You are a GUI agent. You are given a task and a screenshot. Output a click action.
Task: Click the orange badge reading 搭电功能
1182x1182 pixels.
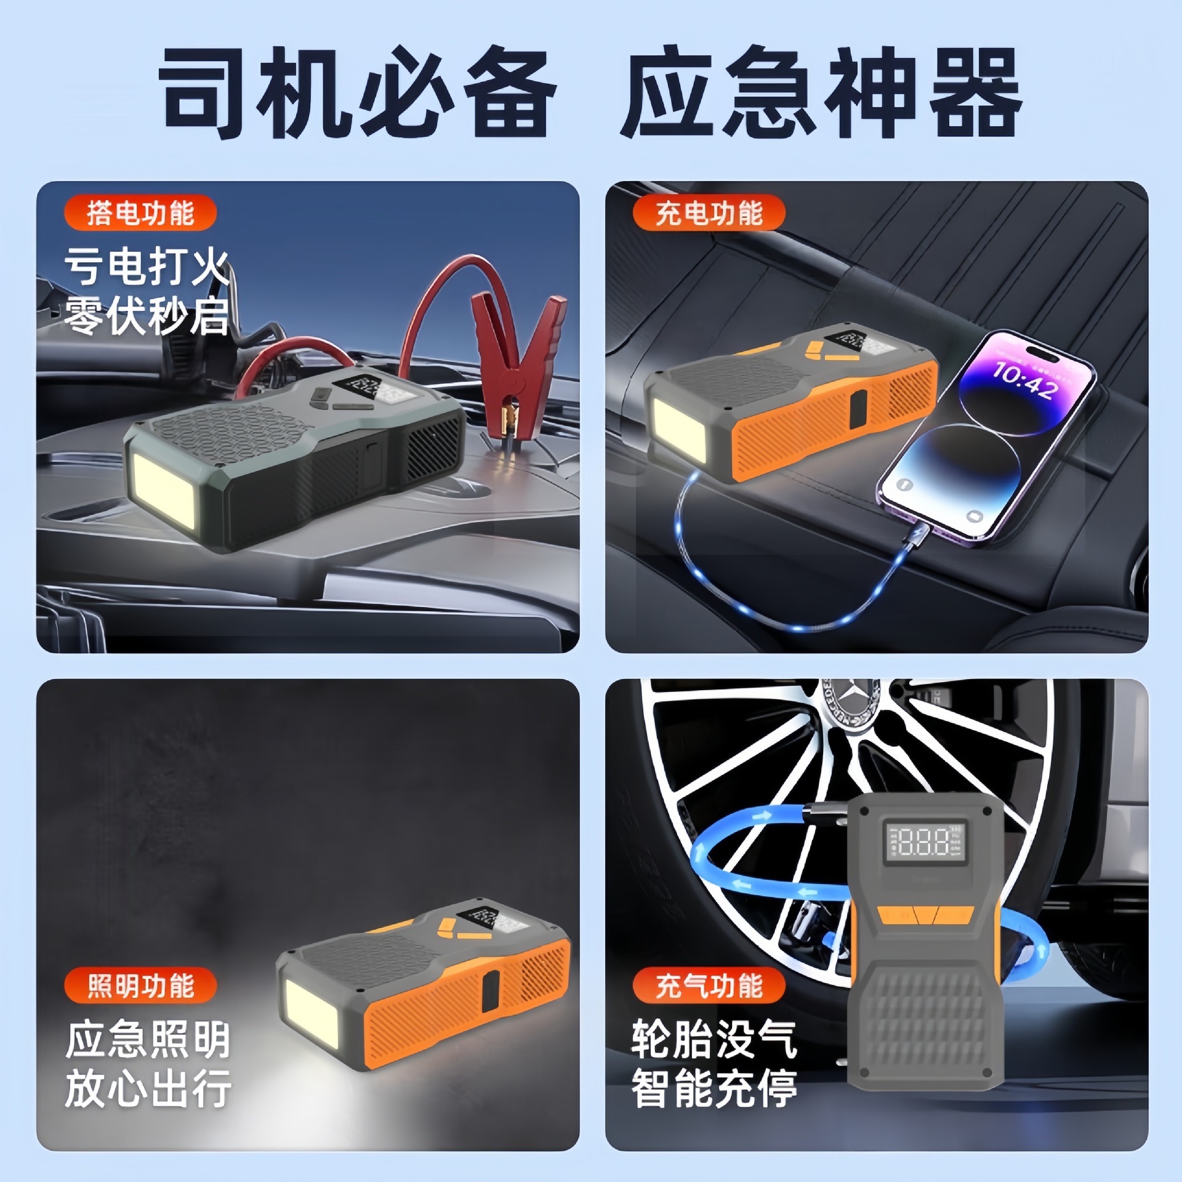pyautogui.click(x=140, y=213)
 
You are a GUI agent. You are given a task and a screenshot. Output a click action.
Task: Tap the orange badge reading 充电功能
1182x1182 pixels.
pyautogui.click(x=709, y=213)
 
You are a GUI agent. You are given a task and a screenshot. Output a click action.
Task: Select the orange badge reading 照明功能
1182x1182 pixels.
pyautogui.click(x=140, y=986)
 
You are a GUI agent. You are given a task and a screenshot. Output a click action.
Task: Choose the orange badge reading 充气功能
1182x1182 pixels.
pyautogui.click(x=709, y=986)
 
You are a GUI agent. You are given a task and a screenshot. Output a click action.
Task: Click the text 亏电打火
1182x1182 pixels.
pyautogui.click(x=147, y=268)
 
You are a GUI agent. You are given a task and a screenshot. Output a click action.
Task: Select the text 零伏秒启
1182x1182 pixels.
pyautogui.click(x=147, y=316)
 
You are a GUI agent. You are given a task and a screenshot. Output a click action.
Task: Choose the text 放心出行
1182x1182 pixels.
pyautogui.click(x=148, y=1088)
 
